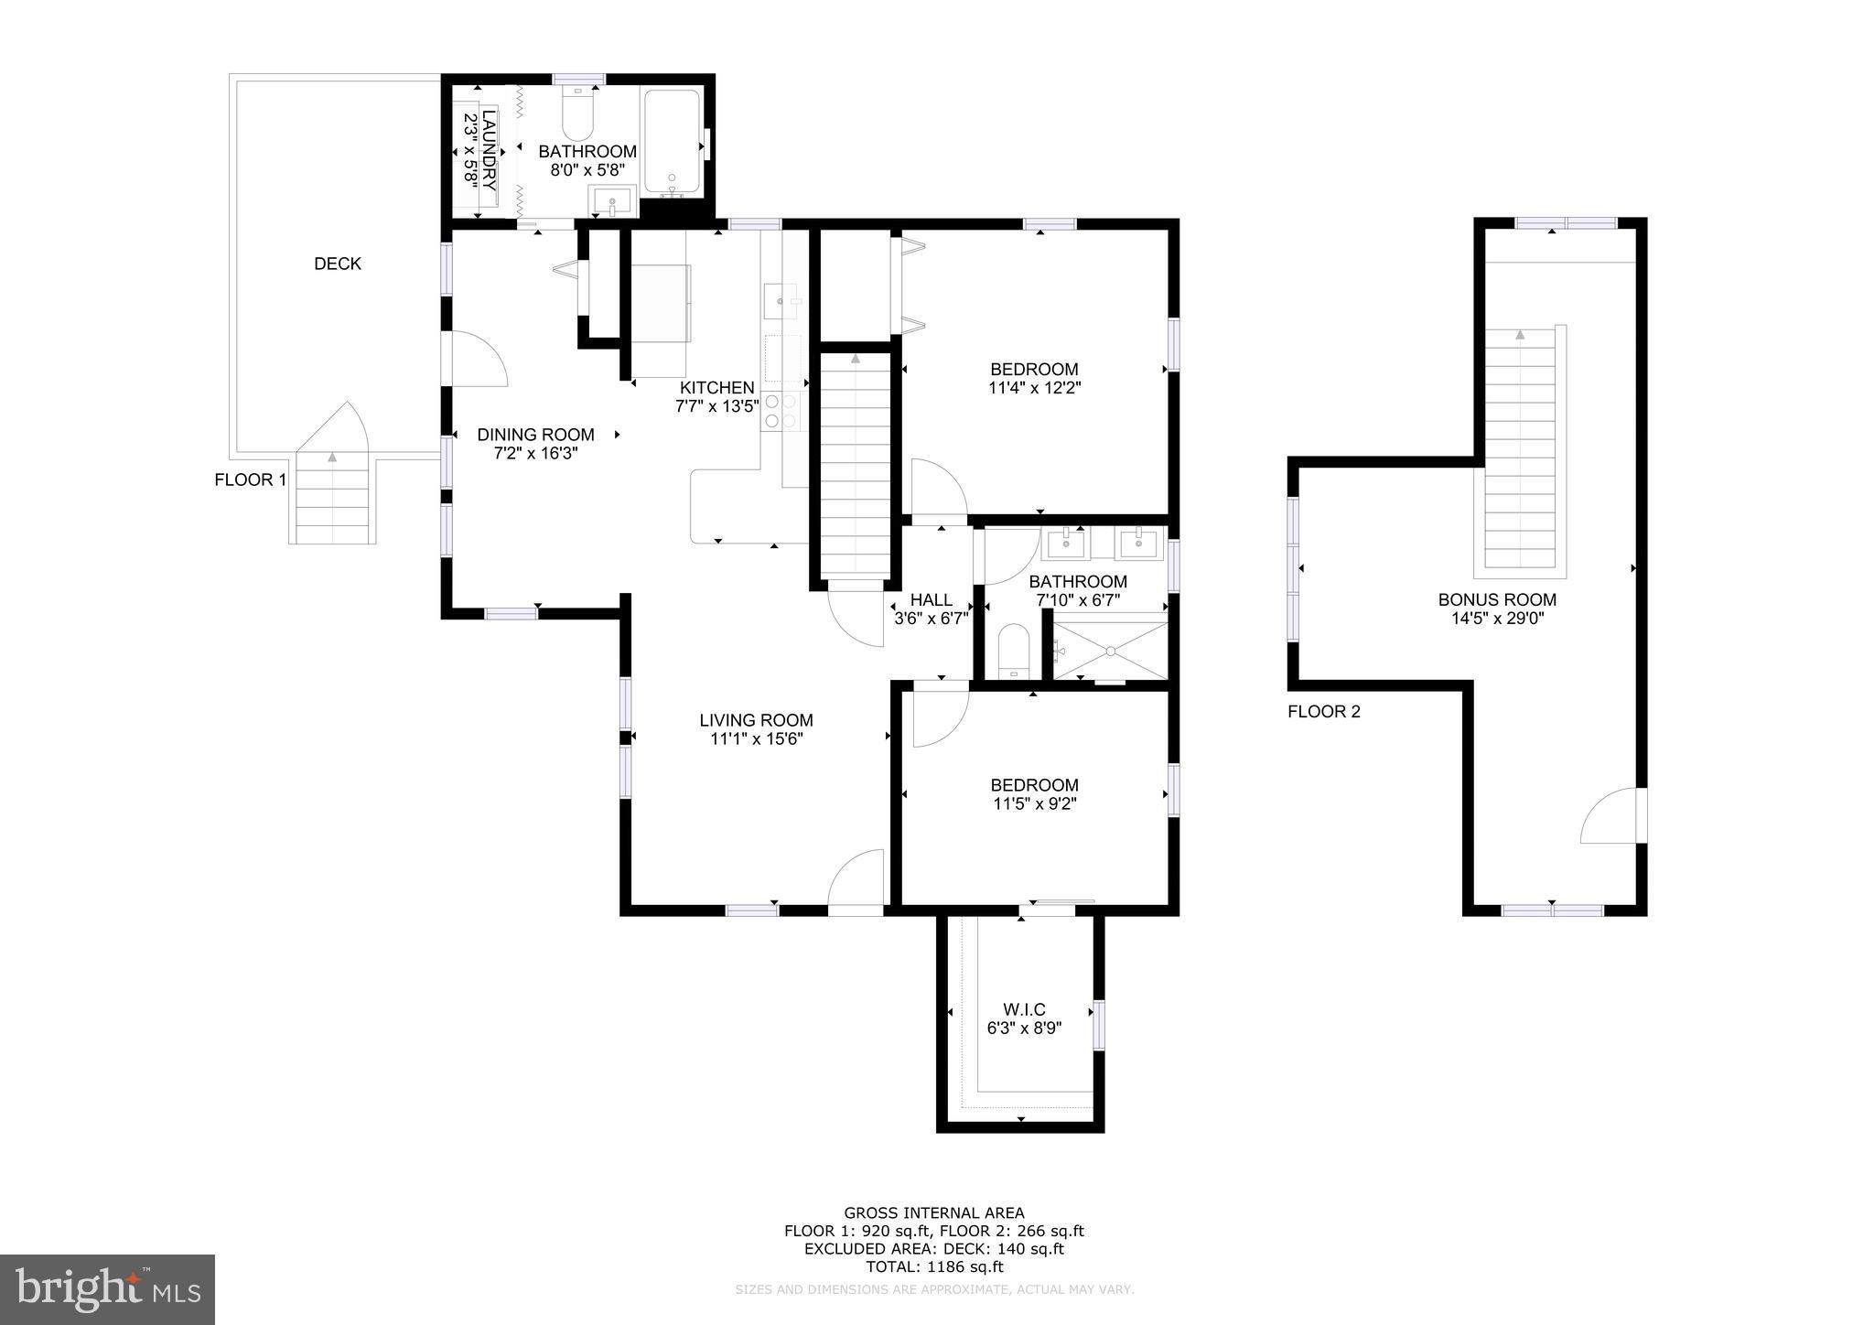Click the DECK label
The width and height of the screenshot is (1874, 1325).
click(x=338, y=264)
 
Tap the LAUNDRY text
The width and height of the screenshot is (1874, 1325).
click(x=490, y=148)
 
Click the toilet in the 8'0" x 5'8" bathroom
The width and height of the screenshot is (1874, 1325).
click(x=578, y=117)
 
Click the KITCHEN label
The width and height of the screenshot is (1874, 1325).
click(x=716, y=388)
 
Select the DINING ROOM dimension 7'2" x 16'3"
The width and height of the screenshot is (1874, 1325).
click(x=535, y=453)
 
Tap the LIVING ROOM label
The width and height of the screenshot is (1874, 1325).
click(x=756, y=720)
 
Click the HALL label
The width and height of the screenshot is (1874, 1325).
click(x=931, y=599)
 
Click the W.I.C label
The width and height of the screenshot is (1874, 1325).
click(x=1024, y=1009)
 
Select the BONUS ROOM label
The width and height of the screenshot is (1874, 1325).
click(x=1497, y=600)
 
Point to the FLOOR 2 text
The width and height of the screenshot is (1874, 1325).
click(x=1323, y=712)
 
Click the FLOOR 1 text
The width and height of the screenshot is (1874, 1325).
click(x=250, y=479)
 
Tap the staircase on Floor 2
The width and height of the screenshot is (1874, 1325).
click(x=1519, y=448)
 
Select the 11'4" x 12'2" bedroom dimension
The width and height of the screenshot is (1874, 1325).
click(x=1034, y=388)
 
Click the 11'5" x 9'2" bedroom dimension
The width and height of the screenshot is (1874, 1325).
click(x=1034, y=804)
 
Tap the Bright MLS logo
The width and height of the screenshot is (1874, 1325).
click(x=107, y=1289)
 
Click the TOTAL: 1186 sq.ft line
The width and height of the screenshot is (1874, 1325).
click(x=934, y=1267)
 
